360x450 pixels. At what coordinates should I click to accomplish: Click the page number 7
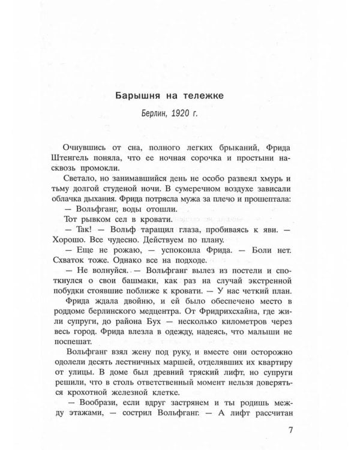(x=290, y=430)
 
